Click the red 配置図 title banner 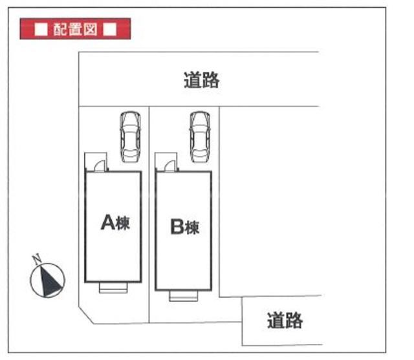pos(76,29)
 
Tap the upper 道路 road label pos(201,81)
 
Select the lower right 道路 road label pos(285,321)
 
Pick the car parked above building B pos(199,136)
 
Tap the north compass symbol pos(48,279)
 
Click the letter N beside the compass pos(38,257)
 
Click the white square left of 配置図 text pos(41,30)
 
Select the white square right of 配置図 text pos(110,30)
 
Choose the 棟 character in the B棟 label pos(193,228)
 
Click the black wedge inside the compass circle pos(49,280)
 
